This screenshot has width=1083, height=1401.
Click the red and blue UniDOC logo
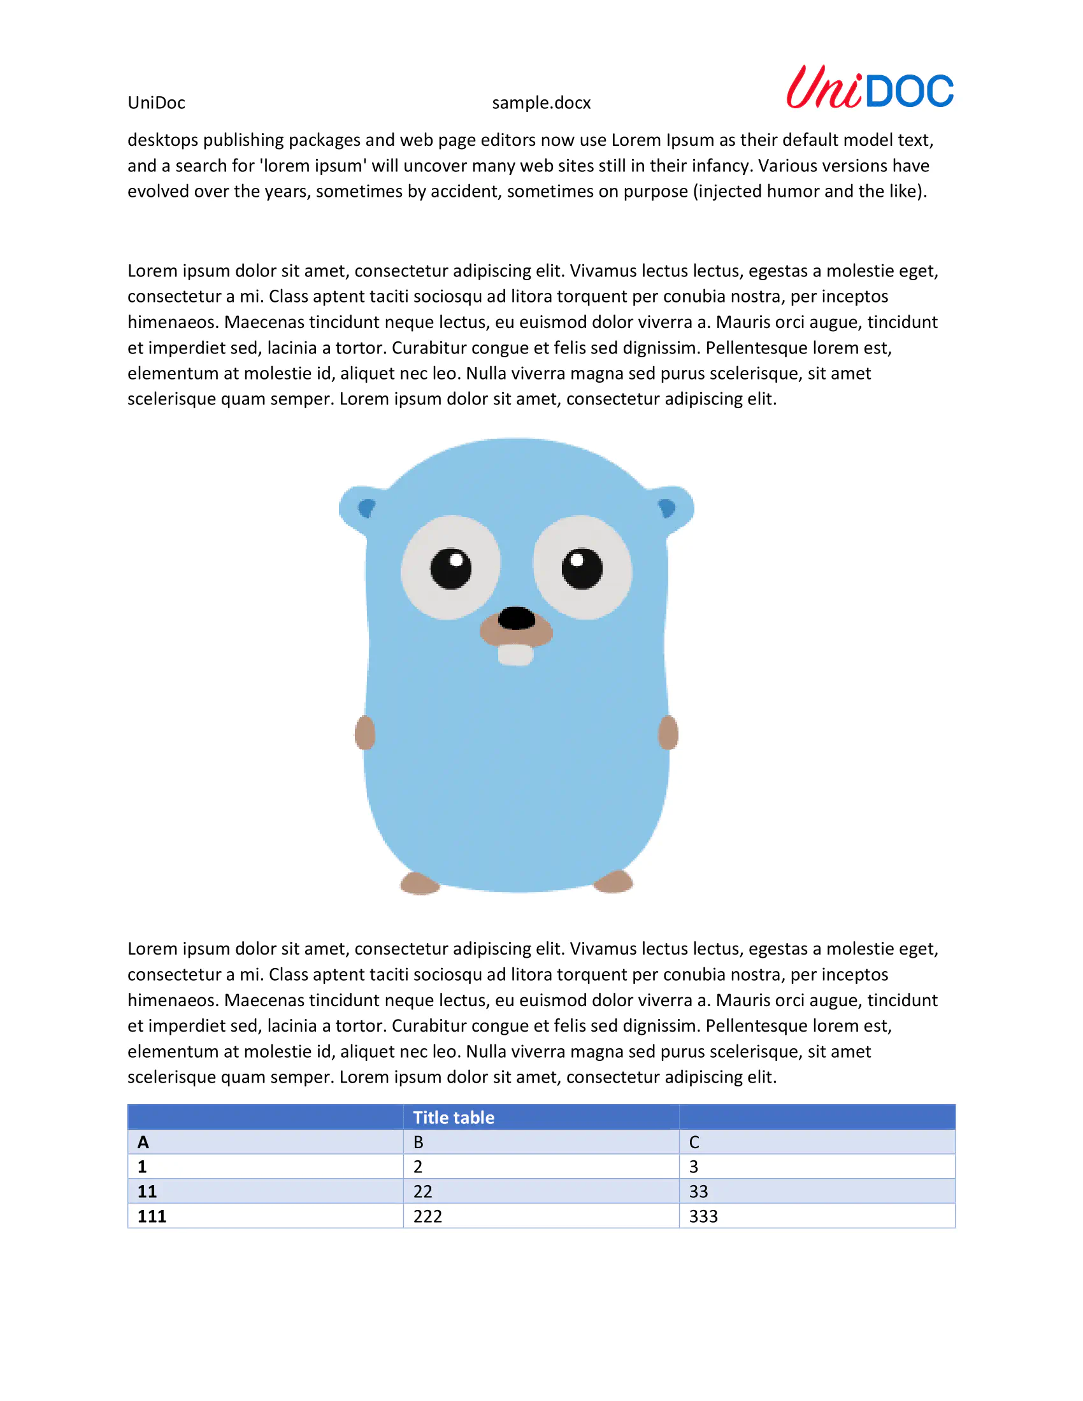point(870,88)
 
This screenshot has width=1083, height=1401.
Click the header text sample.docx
point(541,103)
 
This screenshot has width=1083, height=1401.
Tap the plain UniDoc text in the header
point(156,103)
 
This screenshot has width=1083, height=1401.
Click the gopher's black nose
point(517,618)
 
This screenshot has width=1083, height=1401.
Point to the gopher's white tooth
point(516,655)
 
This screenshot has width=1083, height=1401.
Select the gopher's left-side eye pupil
point(450,568)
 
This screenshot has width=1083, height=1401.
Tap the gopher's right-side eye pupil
point(582,568)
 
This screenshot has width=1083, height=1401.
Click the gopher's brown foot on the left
point(420,883)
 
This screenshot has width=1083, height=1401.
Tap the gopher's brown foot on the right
point(613,882)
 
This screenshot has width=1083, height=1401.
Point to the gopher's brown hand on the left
point(364,732)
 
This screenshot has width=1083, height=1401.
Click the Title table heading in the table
point(454,1118)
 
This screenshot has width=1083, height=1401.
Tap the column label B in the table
point(419,1142)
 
